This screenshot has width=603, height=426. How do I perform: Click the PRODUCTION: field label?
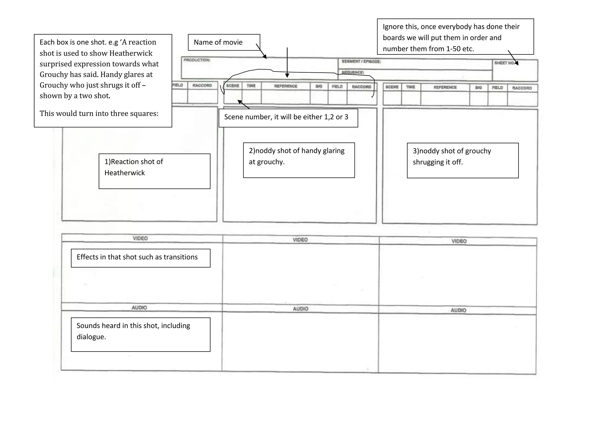(x=197, y=60)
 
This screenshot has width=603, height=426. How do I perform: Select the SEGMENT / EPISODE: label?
(x=361, y=61)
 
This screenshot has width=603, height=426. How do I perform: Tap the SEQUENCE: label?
(x=353, y=72)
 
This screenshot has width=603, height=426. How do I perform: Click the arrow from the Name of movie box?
(x=261, y=51)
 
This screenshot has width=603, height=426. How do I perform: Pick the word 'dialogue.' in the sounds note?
(x=91, y=337)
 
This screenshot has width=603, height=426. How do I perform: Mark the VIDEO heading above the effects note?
(x=140, y=238)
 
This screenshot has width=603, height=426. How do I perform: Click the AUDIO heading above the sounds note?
(x=139, y=307)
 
